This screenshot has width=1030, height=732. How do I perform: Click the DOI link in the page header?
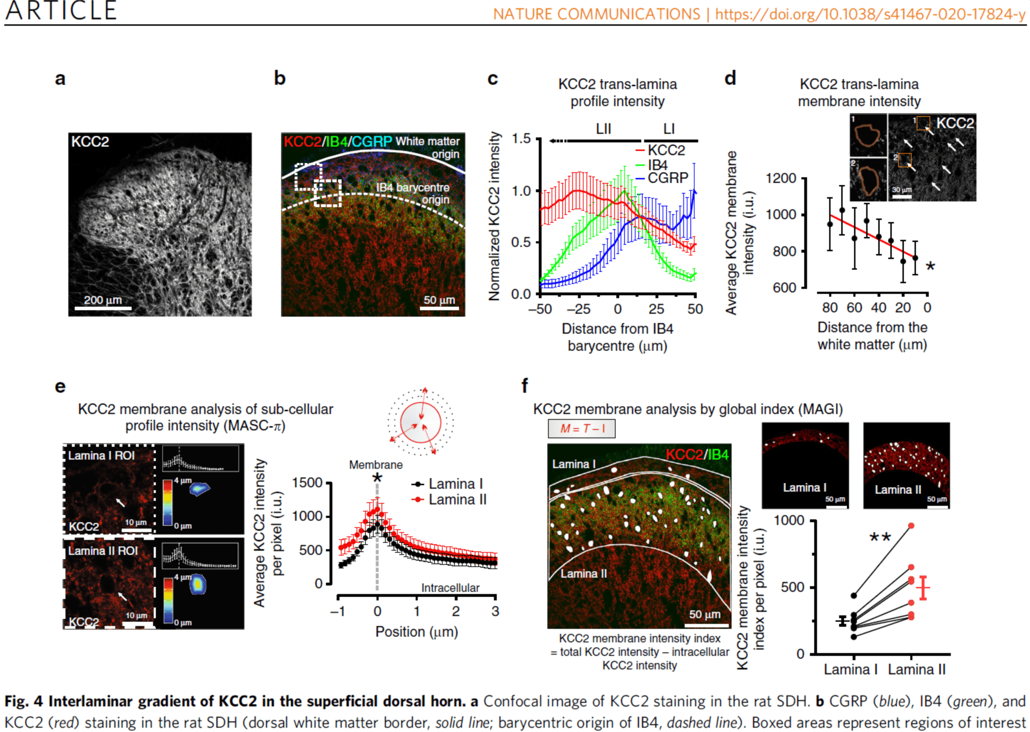[870, 14]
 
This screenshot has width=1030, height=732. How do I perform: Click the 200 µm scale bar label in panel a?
[102, 300]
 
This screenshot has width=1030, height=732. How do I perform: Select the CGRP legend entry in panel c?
[667, 178]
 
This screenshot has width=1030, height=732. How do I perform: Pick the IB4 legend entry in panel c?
[657, 165]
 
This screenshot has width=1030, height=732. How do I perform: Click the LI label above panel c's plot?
[668, 129]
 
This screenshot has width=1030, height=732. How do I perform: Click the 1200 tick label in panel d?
[781, 179]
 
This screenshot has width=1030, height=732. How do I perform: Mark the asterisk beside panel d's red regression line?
[930, 267]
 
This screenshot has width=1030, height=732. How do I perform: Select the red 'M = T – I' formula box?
[581, 428]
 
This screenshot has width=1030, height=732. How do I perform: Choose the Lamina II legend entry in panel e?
[457, 499]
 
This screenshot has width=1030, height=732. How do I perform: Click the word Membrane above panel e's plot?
[375, 465]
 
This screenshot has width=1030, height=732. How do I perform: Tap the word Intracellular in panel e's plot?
[450, 588]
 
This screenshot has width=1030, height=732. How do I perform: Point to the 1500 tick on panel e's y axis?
[307, 483]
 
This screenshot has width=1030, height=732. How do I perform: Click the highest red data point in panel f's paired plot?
[911, 526]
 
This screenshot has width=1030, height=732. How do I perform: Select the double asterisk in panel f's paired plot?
[880, 538]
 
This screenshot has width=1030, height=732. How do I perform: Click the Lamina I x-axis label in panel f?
[850, 669]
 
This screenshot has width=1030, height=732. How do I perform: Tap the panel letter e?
[60, 387]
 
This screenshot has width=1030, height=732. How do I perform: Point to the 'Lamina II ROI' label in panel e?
[103, 551]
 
